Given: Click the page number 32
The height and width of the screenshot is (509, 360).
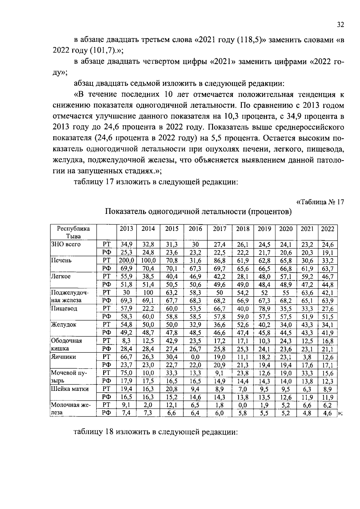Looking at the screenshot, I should click(x=340, y=25).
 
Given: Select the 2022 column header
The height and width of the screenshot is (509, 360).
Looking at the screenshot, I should click(x=328, y=229).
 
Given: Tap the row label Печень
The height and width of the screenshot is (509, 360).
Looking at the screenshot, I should click(x=61, y=260).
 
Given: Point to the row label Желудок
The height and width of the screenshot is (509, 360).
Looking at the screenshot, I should click(x=64, y=325).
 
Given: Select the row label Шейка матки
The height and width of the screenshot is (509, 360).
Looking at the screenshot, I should click(x=70, y=389).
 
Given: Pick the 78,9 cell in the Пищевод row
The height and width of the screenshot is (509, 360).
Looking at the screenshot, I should click(x=264, y=309).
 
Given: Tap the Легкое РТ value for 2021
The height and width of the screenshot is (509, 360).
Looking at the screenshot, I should click(x=307, y=277).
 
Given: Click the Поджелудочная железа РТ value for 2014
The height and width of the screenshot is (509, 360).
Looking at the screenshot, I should click(x=148, y=293).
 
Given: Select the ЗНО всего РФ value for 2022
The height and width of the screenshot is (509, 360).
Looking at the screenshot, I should click(x=328, y=253).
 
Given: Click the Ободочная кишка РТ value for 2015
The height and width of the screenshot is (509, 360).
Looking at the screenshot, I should click(x=172, y=341).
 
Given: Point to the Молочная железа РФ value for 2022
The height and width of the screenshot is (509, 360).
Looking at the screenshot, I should click(x=328, y=413).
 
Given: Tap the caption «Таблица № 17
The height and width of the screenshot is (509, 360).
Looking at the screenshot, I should click(x=320, y=202).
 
